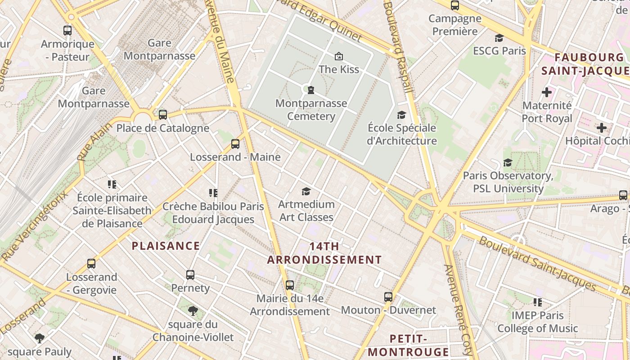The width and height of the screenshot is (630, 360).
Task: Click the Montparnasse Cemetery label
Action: point(311,110)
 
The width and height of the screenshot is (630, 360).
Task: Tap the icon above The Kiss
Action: point(338,56)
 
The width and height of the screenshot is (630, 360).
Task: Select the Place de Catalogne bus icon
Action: point(163,115)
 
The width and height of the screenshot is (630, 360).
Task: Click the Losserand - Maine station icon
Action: point(235,144)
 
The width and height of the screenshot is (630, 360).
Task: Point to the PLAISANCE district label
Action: point(166,246)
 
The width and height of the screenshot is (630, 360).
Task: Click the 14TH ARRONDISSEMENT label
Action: point(324,253)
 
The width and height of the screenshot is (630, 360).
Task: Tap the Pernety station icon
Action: point(190,275)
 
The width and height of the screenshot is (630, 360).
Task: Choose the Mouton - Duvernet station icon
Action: point(388,297)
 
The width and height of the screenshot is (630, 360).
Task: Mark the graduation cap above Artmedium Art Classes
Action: point(306,191)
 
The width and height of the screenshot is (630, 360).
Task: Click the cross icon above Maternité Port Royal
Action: point(547,93)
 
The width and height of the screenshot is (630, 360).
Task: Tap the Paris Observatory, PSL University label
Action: point(508,182)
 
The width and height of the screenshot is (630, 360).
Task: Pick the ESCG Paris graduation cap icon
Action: point(499,38)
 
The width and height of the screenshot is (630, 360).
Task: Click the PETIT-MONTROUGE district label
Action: point(408,345)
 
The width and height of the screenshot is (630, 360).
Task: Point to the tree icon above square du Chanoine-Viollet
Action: point(193,310)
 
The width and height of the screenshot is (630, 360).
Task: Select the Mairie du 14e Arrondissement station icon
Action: point(290,285)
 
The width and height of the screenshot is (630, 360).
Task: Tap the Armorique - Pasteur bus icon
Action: point(67,31)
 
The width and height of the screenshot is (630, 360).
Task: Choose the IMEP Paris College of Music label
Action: point(537,322)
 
